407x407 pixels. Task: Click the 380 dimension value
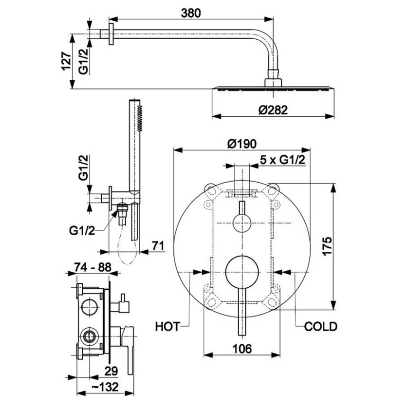[x=191, y=13]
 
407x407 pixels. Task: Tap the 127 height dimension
[x=66, y=61]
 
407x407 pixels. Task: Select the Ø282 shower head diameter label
[x=273, y=110]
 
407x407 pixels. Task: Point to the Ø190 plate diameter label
[x=242, y=143]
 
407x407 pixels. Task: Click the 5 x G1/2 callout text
[x=283, y=160]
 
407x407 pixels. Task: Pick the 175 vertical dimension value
[x=327, y=246]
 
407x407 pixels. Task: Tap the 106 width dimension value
[x=242, y=349]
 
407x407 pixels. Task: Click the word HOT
[x=167, y=327]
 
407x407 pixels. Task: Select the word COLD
[x=321, y=327]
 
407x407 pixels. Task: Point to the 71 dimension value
[x=158, y=246]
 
